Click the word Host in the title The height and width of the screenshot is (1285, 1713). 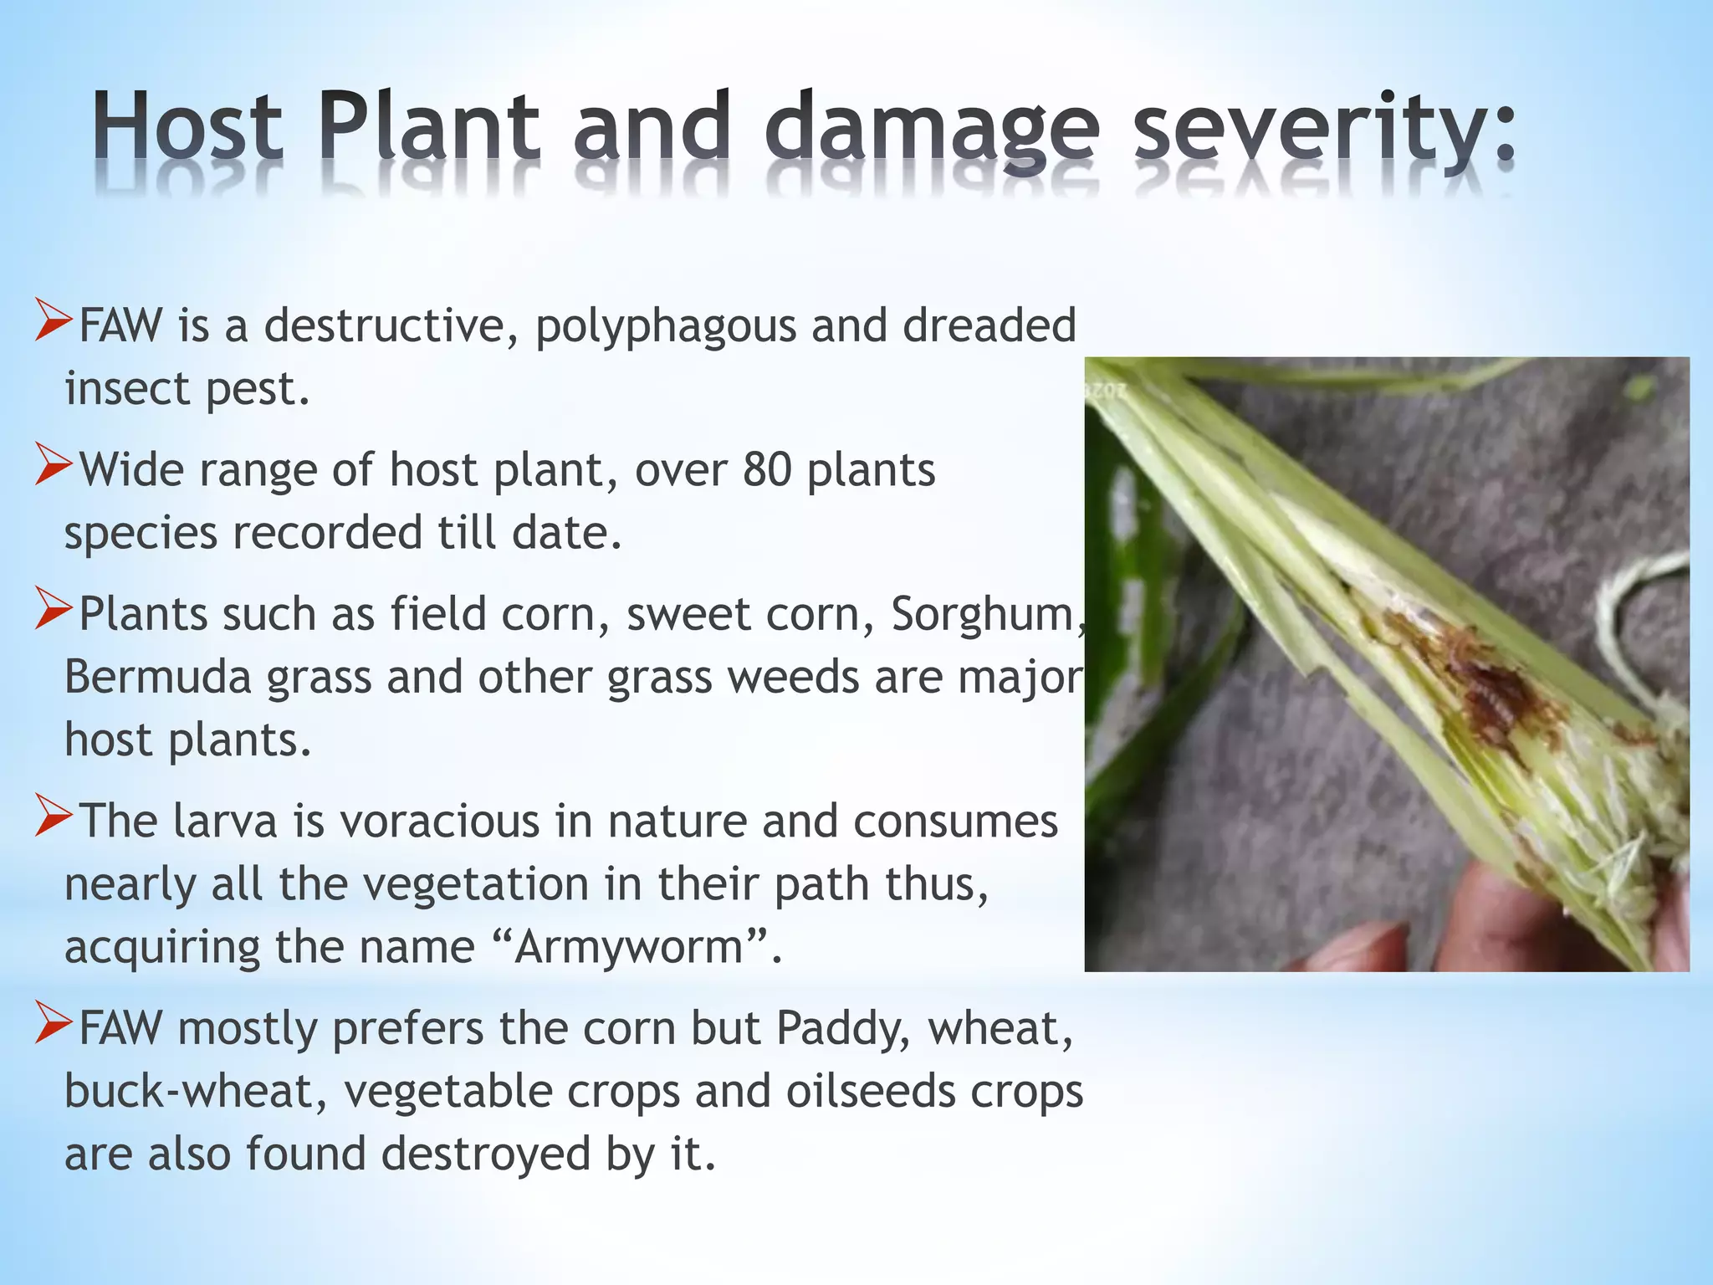click(x=187, y=127)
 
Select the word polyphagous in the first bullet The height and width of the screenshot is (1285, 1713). click(x=665, y=326)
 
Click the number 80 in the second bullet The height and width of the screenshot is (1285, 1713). click(x=767, y=470)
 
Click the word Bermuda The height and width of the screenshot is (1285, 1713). click(x=158, y=678)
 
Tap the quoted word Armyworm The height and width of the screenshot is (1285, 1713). click(x=629, y=947)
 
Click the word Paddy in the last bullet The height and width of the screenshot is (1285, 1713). click(x=841, y=1028)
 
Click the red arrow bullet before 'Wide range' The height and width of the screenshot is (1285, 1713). click(x=54, y=466)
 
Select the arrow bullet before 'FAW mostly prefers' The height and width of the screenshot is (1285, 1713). click(x=54, y=1024)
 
